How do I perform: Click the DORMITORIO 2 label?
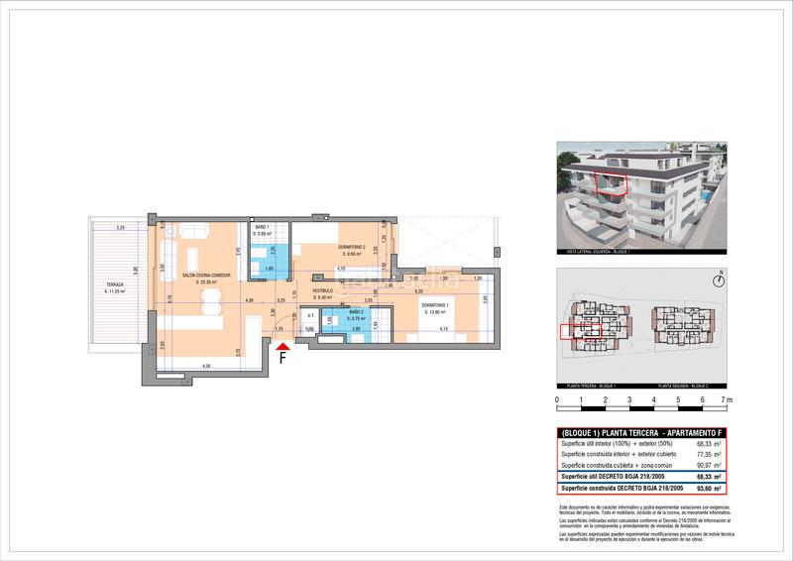pos(352,247)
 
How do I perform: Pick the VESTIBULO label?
pos(324,291)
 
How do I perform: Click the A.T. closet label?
pos(283,316)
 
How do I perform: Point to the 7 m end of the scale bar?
pos(728,400)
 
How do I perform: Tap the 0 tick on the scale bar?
pos(557,400)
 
